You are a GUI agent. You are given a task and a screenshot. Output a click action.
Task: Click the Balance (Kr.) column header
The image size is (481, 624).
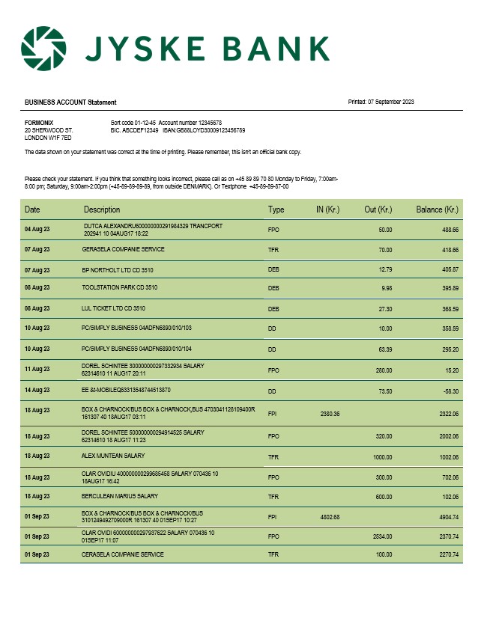437,209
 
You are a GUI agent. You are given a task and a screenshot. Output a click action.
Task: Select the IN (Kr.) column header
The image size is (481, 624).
330,209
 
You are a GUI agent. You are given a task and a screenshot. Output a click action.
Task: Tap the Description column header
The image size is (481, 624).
102,209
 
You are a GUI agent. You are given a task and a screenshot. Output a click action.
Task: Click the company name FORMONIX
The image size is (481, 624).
39,122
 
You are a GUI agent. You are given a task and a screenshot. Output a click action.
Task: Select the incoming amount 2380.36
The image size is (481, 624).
330,414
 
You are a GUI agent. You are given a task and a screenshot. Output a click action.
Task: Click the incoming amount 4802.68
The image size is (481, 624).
330,516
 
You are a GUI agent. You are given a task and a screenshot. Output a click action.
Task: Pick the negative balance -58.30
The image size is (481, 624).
449,391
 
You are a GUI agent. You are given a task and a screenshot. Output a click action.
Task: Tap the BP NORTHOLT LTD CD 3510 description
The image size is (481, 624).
119,269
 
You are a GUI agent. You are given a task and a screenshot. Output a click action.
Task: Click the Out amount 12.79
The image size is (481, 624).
385,269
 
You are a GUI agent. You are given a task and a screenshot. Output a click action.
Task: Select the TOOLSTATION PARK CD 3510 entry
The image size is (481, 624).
120,287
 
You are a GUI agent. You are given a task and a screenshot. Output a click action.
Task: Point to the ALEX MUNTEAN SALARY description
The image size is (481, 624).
113,456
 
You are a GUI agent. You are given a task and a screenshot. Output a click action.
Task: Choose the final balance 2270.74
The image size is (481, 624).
447,554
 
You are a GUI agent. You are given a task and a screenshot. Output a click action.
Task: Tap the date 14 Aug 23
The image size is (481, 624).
37,391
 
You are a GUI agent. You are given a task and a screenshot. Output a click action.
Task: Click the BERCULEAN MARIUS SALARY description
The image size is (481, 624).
120,496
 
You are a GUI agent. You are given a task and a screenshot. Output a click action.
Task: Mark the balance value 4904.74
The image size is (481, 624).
447,516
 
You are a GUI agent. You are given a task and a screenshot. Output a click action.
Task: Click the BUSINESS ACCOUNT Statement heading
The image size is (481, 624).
70,103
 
